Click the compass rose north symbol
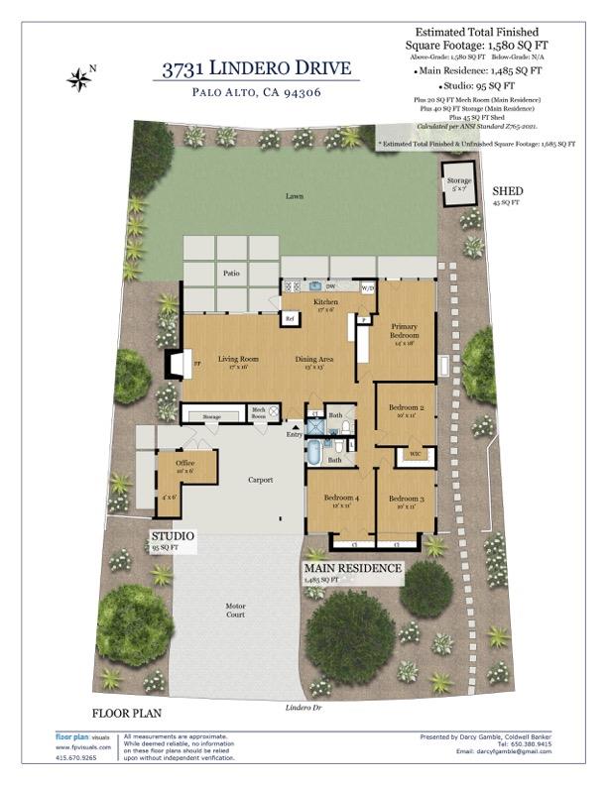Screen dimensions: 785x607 [78, 78]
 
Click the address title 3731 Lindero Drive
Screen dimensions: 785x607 [257, 68]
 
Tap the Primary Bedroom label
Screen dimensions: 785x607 [404, 331]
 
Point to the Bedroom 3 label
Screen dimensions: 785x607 [406, 501]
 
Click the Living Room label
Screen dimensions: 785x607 [238, 361]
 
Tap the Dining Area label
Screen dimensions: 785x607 [314, 361]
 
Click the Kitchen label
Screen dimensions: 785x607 [326, 303]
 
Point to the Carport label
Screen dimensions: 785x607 [260, 481]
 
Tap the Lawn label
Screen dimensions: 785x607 [294, 196]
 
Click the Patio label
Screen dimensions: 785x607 [231, 273]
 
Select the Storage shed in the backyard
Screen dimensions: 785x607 [458, 184]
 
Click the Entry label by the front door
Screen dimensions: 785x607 [294, 434]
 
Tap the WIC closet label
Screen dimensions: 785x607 [415, 455]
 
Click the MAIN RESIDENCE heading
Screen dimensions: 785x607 [352, 569]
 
